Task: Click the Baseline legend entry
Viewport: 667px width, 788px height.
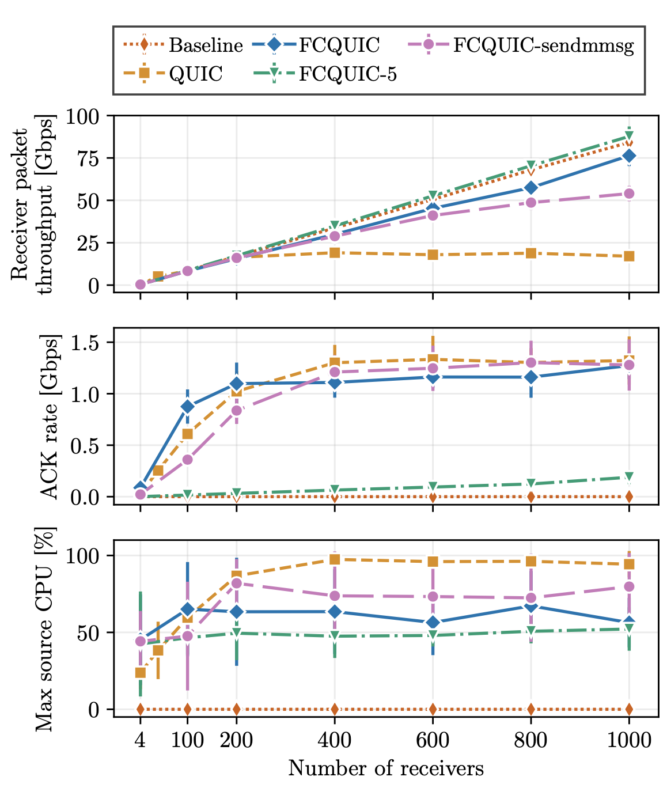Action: [x=183, y=45]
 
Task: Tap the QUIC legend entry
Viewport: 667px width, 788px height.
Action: [x=173, y=73]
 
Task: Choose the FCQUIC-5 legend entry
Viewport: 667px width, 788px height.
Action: [x=325, y=74]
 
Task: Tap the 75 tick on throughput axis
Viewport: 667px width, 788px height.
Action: [x=88, y=158]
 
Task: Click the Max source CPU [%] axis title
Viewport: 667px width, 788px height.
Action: [x=46, y=628]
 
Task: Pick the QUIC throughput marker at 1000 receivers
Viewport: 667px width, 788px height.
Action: [x=628, y=256]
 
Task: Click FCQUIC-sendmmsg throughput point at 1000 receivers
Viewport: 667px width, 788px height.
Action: [x=628, y=194]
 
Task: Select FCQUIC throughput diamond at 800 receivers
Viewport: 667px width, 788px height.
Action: [x=531, y=188]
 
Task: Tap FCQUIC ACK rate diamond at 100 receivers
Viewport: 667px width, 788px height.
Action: [x=187, y=407]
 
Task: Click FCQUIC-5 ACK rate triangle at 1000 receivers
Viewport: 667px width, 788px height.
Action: [x=628, y=477]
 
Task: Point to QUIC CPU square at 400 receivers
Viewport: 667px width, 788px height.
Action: [x=335, y=559]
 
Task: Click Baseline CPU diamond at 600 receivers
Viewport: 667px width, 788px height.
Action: [x=433, y=710]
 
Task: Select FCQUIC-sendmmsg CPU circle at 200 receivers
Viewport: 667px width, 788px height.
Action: [x=237, y=583]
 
